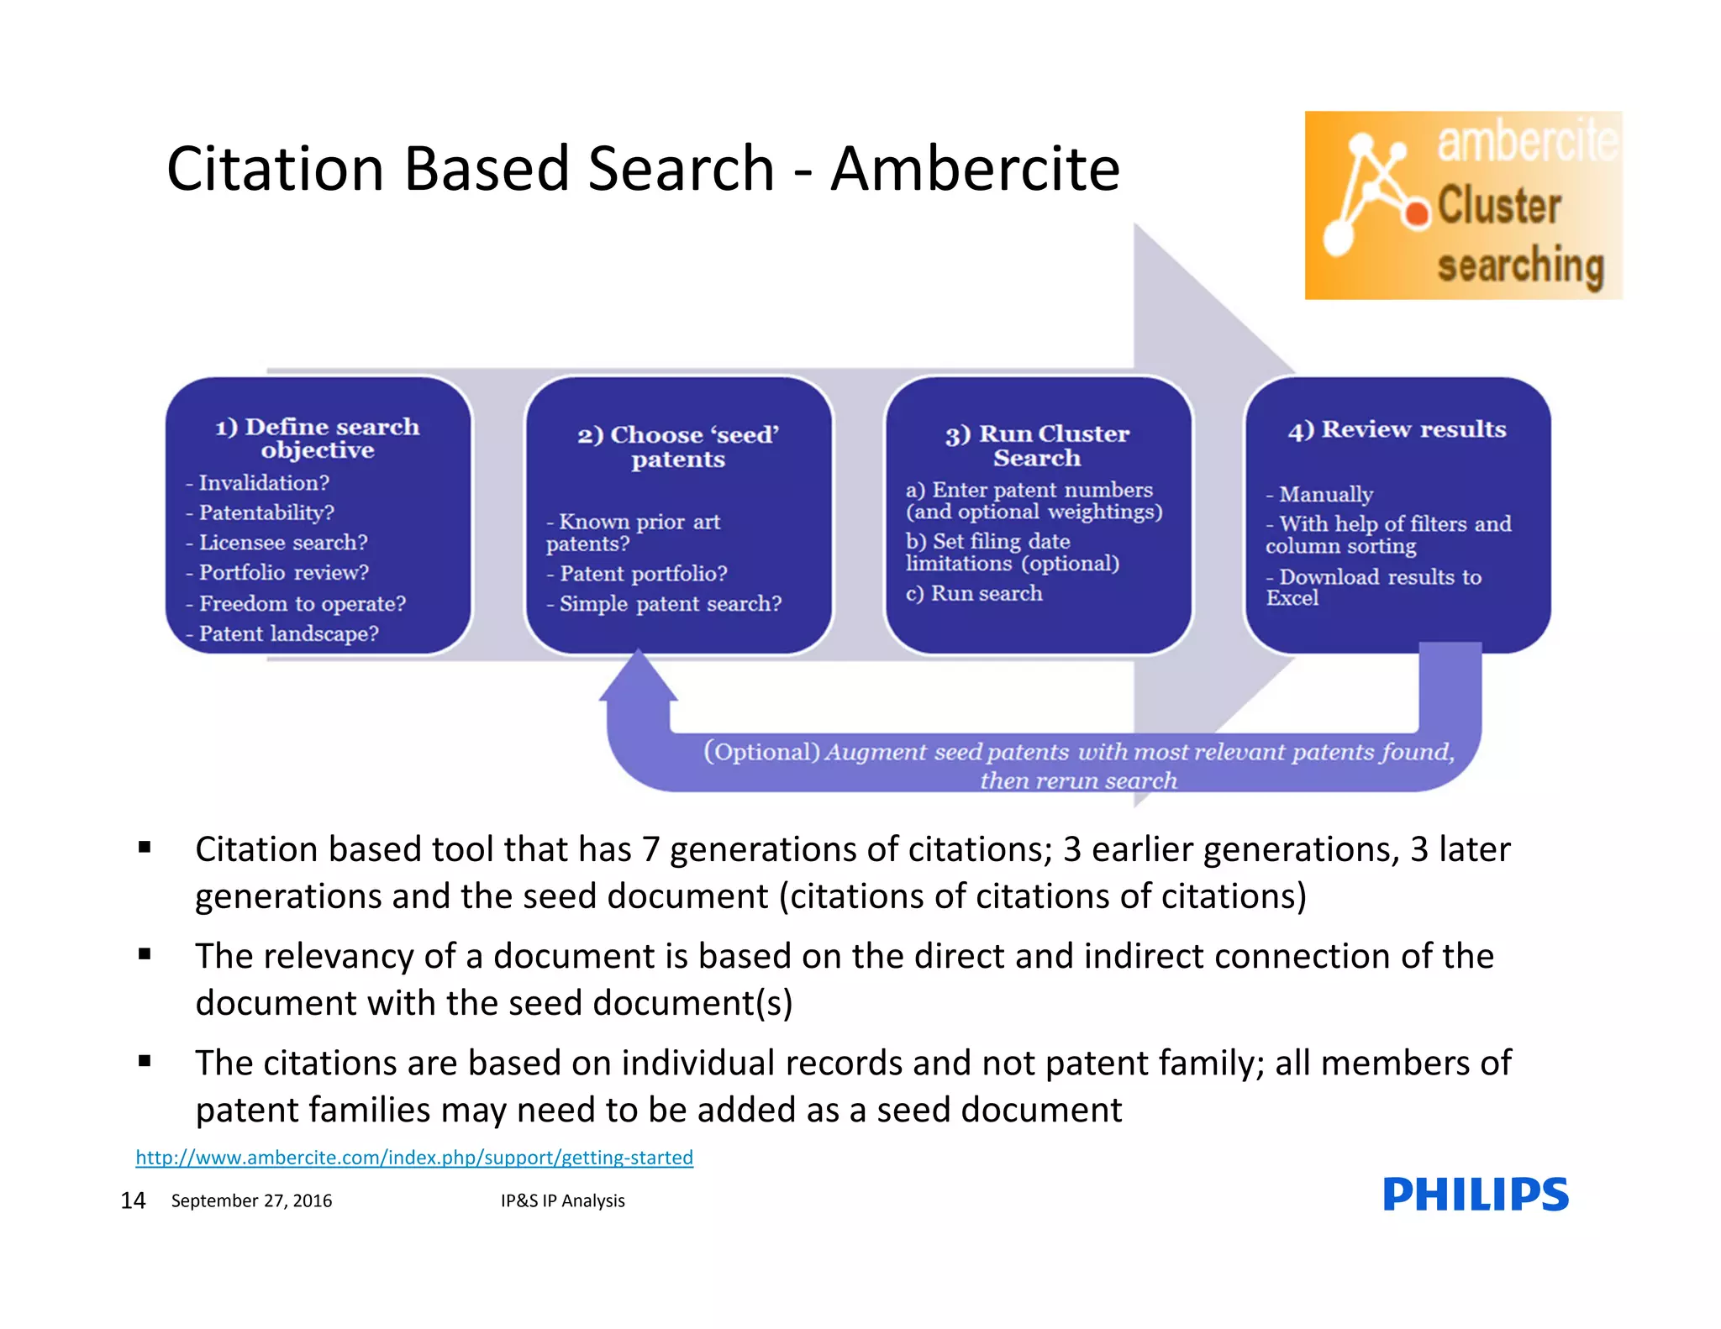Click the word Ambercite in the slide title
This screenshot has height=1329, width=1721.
coord(975,169)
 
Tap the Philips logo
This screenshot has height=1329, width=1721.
coord(1475,1194)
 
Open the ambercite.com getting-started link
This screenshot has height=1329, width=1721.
coord(414,1158)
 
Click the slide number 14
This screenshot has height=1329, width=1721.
coord(133,1200)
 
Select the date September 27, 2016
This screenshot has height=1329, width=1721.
coord(251,1200)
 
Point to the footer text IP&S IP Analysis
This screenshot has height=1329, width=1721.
coord(562,1200)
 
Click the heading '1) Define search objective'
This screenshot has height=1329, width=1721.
coord(317,438)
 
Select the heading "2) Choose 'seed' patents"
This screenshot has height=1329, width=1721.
coord(677,446)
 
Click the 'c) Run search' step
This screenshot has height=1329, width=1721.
coord(974,593)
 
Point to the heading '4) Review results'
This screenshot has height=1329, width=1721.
coord(1397,429)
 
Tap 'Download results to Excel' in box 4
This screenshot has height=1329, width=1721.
coord(1373,586)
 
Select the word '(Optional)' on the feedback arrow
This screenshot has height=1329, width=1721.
coord(761,751)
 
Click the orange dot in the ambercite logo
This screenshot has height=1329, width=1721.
coord(1417,213)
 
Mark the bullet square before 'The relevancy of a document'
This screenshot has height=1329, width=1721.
coord(145,954)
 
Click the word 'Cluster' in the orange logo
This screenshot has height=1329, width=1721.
coord(1499,206)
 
